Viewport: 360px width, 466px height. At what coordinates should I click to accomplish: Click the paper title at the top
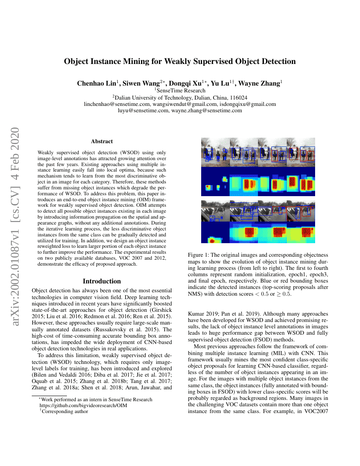coord(180,61)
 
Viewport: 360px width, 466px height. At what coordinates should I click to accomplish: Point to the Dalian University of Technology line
coord(180,97)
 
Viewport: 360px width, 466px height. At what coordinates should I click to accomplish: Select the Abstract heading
coord(102,141)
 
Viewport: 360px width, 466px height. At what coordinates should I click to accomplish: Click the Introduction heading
coord(102,281)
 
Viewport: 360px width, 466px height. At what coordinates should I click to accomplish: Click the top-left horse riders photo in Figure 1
coord(215,152)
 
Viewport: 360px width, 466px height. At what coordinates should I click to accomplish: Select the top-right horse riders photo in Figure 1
coord(301,152)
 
